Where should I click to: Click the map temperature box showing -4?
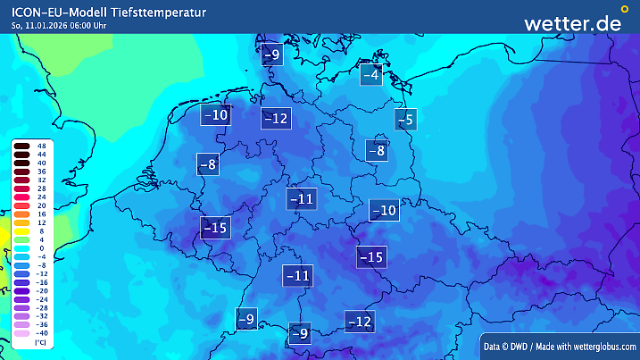(x=370, y=75)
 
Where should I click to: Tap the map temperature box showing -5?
(x=407, y=119)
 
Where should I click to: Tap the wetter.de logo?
(x=572, y=23)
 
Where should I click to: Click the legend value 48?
(x=41, y=146)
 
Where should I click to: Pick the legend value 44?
(x=41, y=155)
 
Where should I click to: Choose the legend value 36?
(x=41, y=172)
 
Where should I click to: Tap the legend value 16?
(x=41, y=213)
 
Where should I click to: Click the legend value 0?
(x=41, y=247)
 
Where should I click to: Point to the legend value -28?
(x=41, y=307)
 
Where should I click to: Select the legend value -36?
(x=41, y=324)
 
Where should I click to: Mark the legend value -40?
(x=41, y=332)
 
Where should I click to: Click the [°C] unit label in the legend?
(x=39, y=342)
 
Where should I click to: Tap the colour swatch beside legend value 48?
(x=22, y=146)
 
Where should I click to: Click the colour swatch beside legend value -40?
(x=22, y=332)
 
